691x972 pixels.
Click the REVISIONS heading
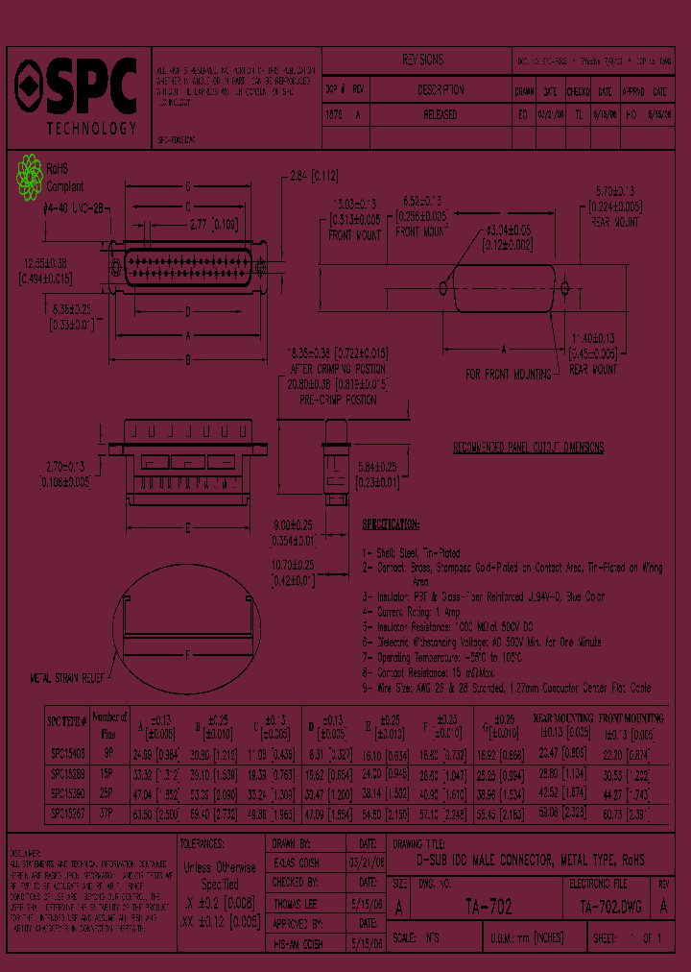(x=422, y=60)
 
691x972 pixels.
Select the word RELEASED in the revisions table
(x=440, y=114)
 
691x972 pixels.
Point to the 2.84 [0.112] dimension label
(x=313, y=175)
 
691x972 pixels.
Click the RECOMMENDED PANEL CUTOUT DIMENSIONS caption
(x=528, y=448)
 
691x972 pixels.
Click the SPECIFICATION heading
(x=390, y=524)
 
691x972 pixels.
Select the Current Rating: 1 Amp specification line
(x=420, y=610)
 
